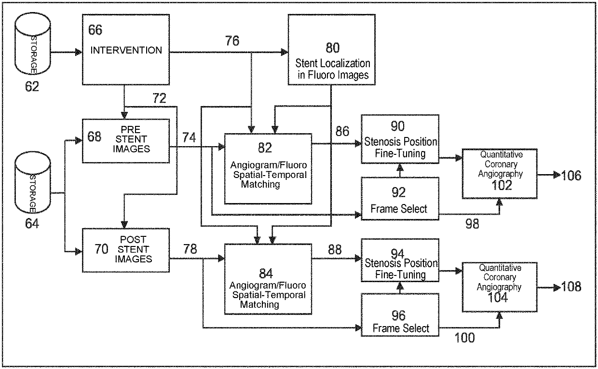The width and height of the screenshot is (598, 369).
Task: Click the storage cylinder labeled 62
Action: pyautogui.click(x=33, y=43)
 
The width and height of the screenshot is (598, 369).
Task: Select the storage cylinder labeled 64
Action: pyautogui.click(x=33, y=183)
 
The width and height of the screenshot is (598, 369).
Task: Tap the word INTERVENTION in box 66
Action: pyautogui.click(x=126, y=50)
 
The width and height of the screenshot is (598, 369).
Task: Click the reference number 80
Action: pyautogui.click(x=333, y=48)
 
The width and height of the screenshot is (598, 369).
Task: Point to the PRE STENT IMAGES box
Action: pyautogui.click(x=126, y=141)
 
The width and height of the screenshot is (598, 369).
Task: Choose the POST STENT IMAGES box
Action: pyautogui.click(x=126, y=250)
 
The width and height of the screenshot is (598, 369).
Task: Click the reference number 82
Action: pyautogui.click(x=265, y=148)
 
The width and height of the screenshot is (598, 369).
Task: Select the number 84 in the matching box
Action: pyautogui.click(x=266, y=273)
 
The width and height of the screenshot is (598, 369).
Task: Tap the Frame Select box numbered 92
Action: pyautogui.click(x=400, y=199)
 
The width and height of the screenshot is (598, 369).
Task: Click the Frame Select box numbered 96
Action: pyautogui.click(x=400, y=315)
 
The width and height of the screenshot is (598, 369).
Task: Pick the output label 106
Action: pyautogui.click(x=571, y=176)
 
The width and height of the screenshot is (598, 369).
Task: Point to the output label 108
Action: pyautogui.click(x=571, y=287)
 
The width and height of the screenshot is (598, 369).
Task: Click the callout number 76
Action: pyautogui.click(x=232, y=41)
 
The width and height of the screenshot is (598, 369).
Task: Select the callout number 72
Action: pyautogui.click(x=159, y=98)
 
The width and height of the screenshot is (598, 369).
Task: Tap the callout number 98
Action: pyautogui.click(x=472, y=224)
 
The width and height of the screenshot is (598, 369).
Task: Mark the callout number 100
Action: pyautogui.click(x=465, y=338)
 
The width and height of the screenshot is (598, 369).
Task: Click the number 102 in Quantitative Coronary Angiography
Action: pyautogui.click(x=502, y=185)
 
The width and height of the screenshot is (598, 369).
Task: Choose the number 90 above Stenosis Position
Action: pyautogui.click(x=397, y=126)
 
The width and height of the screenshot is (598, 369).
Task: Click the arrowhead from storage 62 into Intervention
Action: pyautogui.click(x=79, y=52)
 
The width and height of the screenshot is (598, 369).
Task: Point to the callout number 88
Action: pyautogui.click(x=335, y=249)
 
